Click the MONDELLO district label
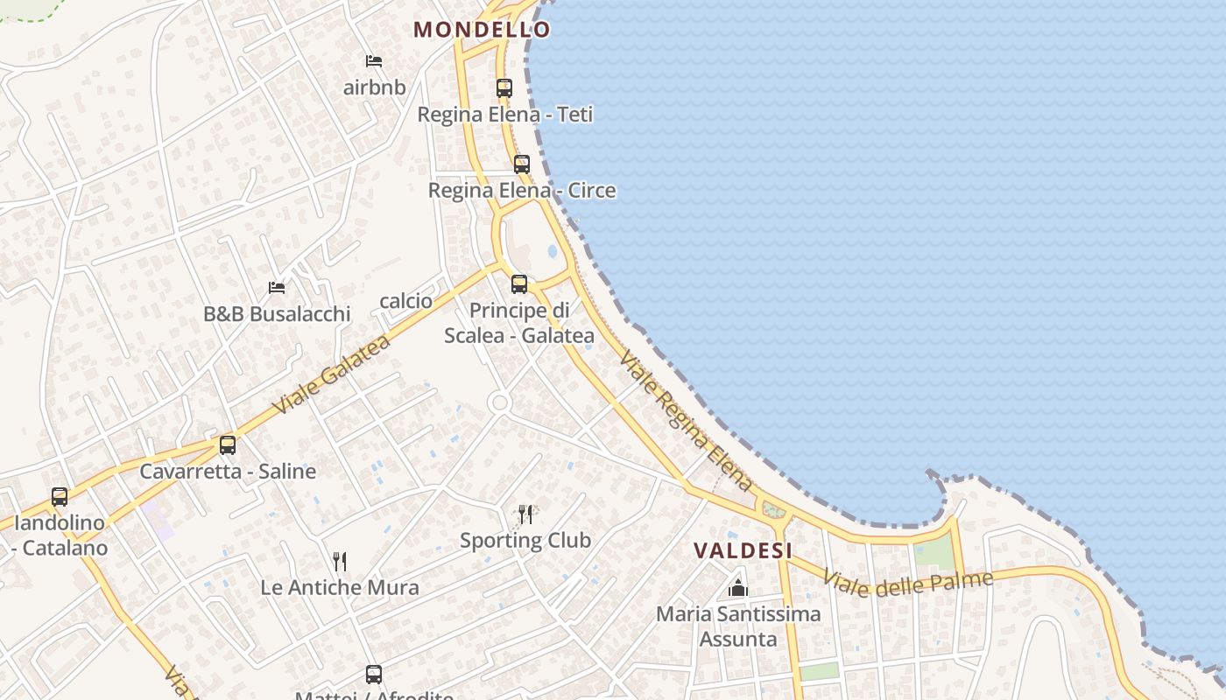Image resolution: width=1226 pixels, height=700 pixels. coord(482,29)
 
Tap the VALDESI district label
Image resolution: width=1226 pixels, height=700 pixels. coord(743,550)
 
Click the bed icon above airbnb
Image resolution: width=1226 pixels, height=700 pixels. coord(374,61)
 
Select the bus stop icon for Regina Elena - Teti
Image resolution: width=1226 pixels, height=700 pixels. coord(504,87)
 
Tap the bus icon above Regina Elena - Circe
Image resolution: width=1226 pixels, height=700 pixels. coord(522,164)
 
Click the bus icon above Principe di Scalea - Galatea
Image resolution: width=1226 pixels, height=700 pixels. coord(519,283)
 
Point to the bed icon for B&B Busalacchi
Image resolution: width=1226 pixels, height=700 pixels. coord(277,287)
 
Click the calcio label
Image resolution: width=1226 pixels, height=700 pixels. coord(405,301)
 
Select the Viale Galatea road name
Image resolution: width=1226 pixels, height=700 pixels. coord(331,376)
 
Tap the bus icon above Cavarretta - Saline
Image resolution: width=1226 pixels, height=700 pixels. coord(228,444)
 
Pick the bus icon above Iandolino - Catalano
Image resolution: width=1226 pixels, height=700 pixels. coord(60,496)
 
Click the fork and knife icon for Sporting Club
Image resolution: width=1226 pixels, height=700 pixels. coord(525,514)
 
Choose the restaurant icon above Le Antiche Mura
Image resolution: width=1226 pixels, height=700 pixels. coord(340,561)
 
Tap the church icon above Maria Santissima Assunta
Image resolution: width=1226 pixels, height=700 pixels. coord(738,587)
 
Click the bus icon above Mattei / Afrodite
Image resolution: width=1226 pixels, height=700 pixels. coord(374,675)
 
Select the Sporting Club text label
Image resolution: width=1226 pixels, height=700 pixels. coord(525,540)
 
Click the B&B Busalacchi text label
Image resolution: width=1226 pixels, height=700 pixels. coord(277,313)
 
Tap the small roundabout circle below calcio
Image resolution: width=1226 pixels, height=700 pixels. coord(500,402)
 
